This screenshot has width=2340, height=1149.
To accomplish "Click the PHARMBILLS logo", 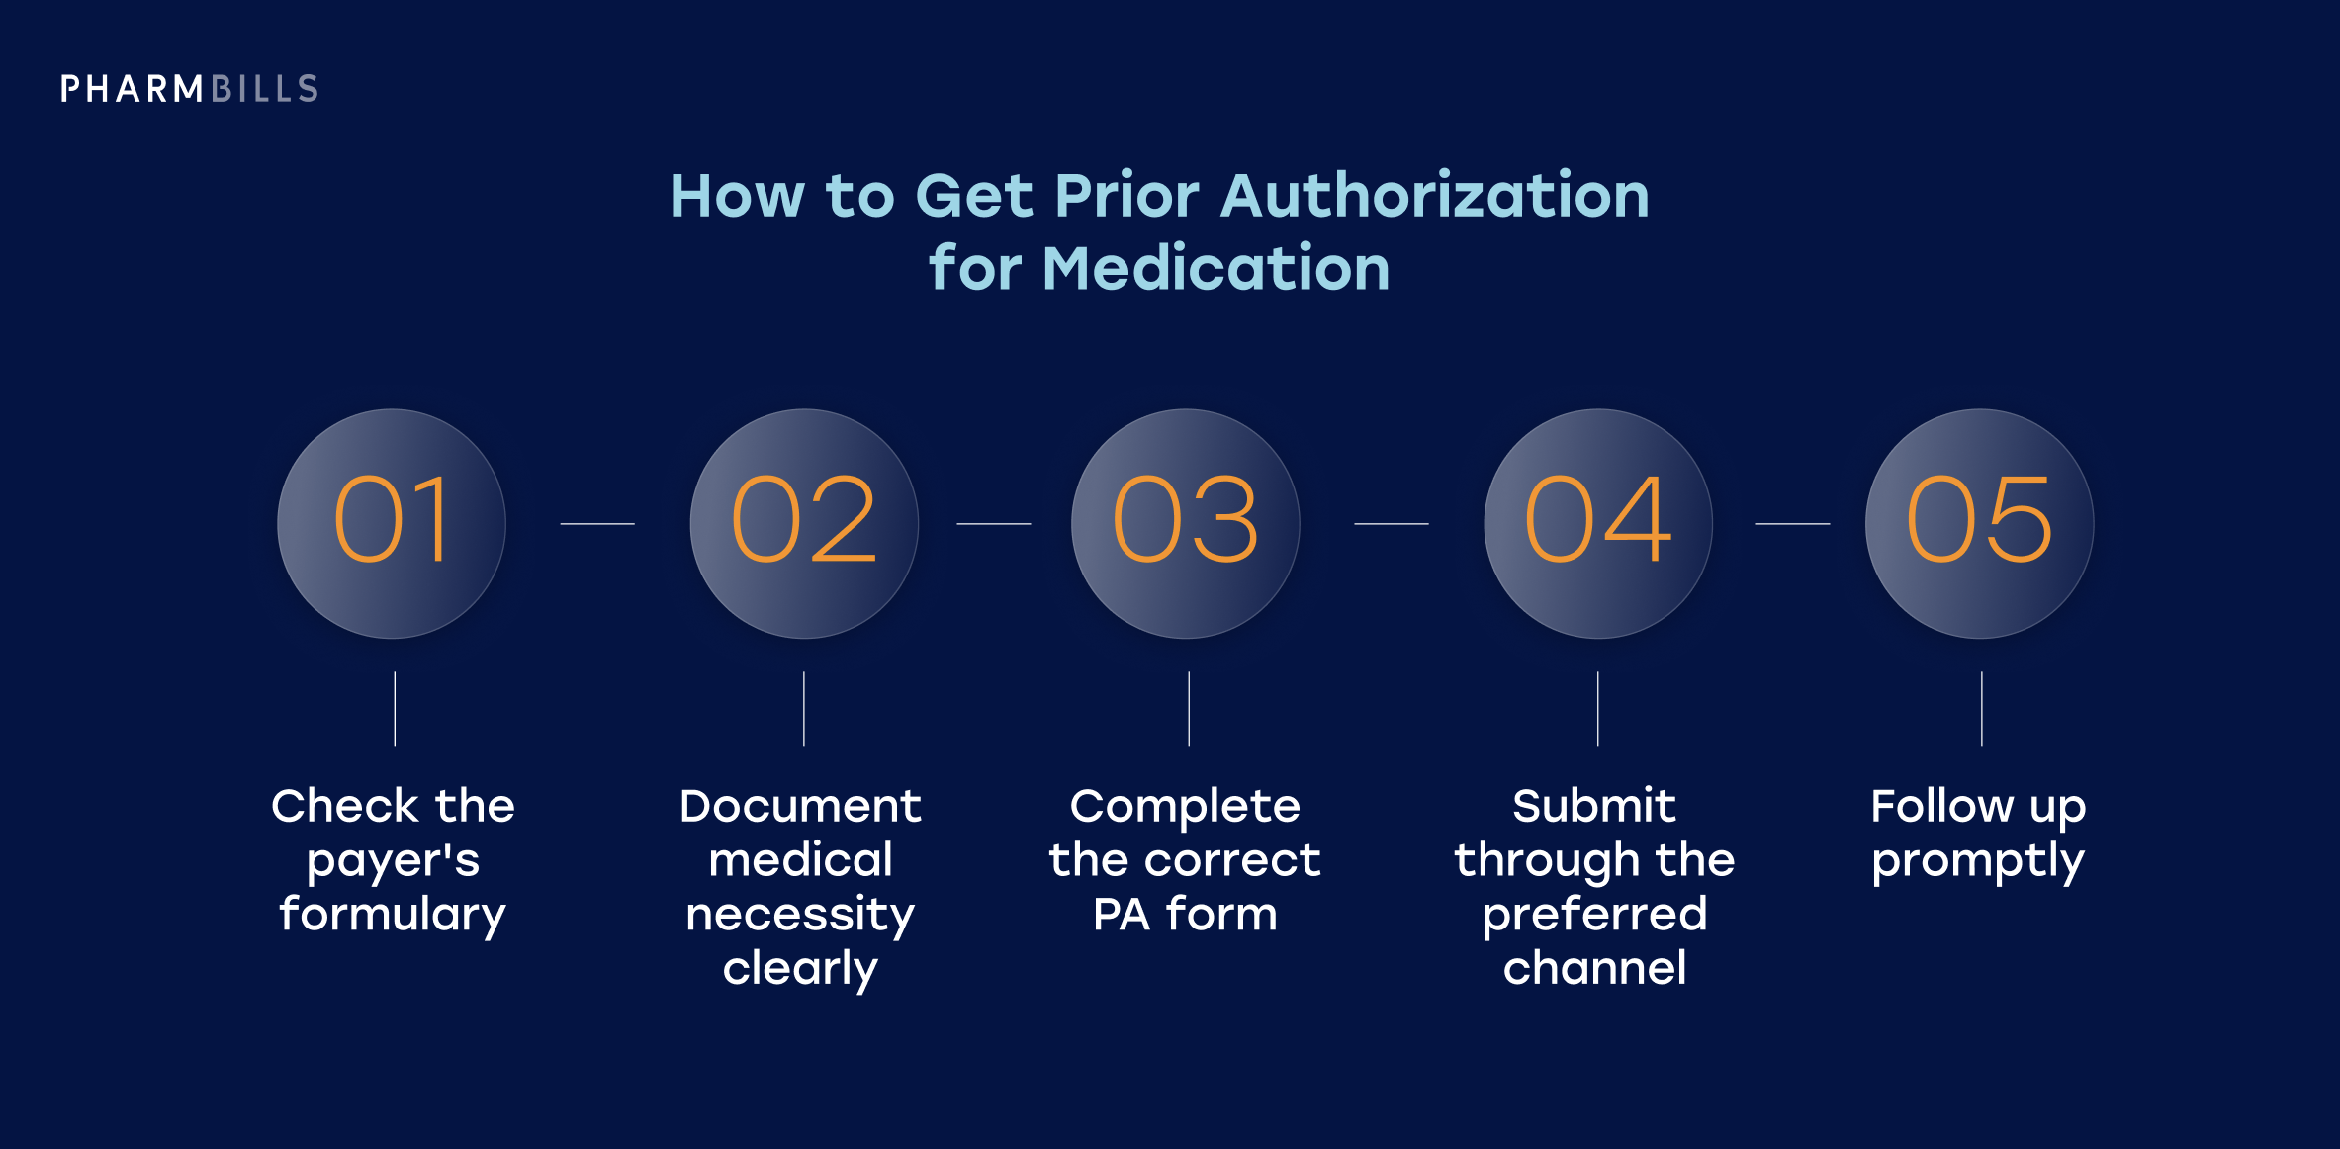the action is tap(189, 89).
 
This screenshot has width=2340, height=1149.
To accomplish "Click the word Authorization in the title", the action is tap(1435, 195).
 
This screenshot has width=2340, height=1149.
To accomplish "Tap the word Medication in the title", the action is tap(1215, 268).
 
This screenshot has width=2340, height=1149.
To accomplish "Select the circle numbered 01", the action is tap(392, 523).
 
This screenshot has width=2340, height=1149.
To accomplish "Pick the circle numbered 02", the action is tap(804, 523).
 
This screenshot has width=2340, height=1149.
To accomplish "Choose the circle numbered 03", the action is tap(1186, 523).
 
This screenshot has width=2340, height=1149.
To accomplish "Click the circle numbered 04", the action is tap(1598, 523).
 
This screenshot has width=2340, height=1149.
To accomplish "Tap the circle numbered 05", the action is tap(1979, 523).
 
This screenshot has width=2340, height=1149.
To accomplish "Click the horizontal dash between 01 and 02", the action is tap(597, 523).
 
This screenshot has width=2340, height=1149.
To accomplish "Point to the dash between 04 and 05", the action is tap(1792, 523).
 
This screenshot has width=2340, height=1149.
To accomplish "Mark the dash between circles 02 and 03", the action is tap(994, 523).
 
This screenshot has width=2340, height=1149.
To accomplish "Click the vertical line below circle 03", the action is tap(1189, 708).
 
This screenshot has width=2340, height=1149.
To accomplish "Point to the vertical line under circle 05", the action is tap(1982, 708).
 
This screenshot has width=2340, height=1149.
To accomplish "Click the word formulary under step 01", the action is tap(393, 915).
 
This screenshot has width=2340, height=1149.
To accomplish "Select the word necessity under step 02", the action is tap(800, 915).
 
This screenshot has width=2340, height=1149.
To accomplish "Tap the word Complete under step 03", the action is tap(1185, 807).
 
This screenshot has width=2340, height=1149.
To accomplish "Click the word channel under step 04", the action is tap(1594, 968).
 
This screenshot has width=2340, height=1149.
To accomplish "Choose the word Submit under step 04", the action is tap(1594, 806).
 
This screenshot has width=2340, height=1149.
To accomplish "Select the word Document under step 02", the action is tap(800, 806).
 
